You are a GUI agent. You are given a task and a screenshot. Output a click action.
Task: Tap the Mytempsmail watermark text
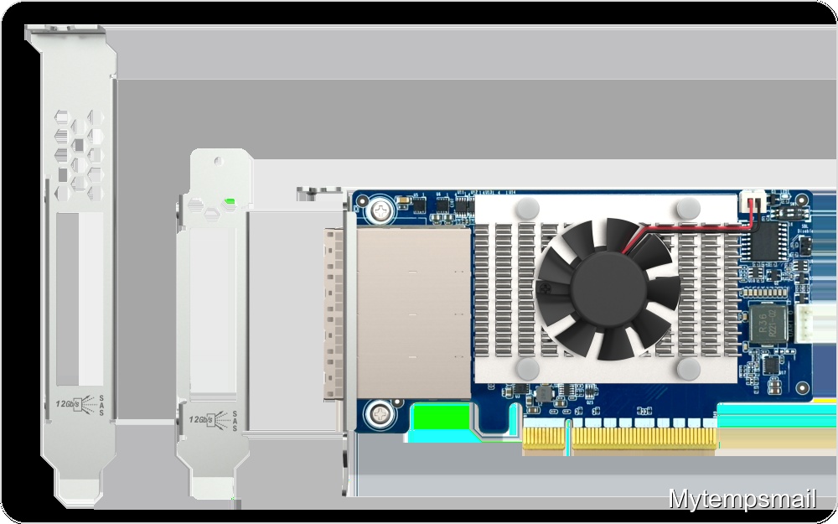742,500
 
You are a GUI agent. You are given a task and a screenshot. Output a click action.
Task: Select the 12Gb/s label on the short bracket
201,418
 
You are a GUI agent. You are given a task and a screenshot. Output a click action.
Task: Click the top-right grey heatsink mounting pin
687,206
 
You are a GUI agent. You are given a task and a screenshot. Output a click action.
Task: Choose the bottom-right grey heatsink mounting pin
687,366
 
